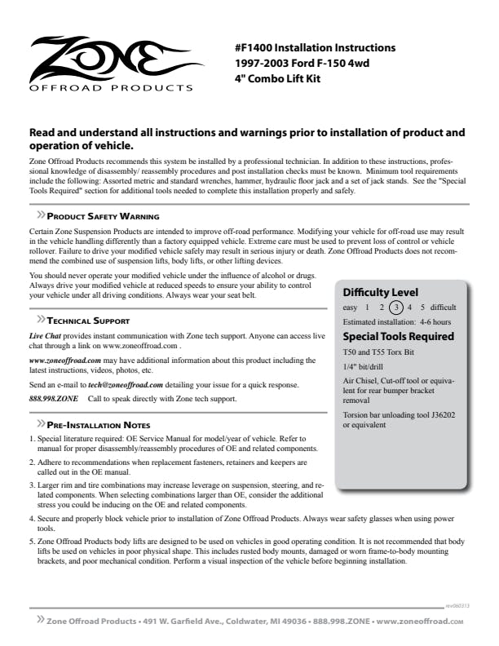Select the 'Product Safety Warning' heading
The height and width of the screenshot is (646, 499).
coord(103,216)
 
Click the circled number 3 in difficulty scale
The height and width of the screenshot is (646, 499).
coord(395,308)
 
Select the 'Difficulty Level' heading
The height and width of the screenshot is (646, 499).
coord(381,292)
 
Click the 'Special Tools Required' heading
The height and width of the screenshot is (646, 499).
coord(399,336)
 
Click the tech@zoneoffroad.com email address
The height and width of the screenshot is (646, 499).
coord(126,384)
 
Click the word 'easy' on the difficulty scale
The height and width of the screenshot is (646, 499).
coord(350,308)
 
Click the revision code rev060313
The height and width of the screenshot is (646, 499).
coord(457,606)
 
